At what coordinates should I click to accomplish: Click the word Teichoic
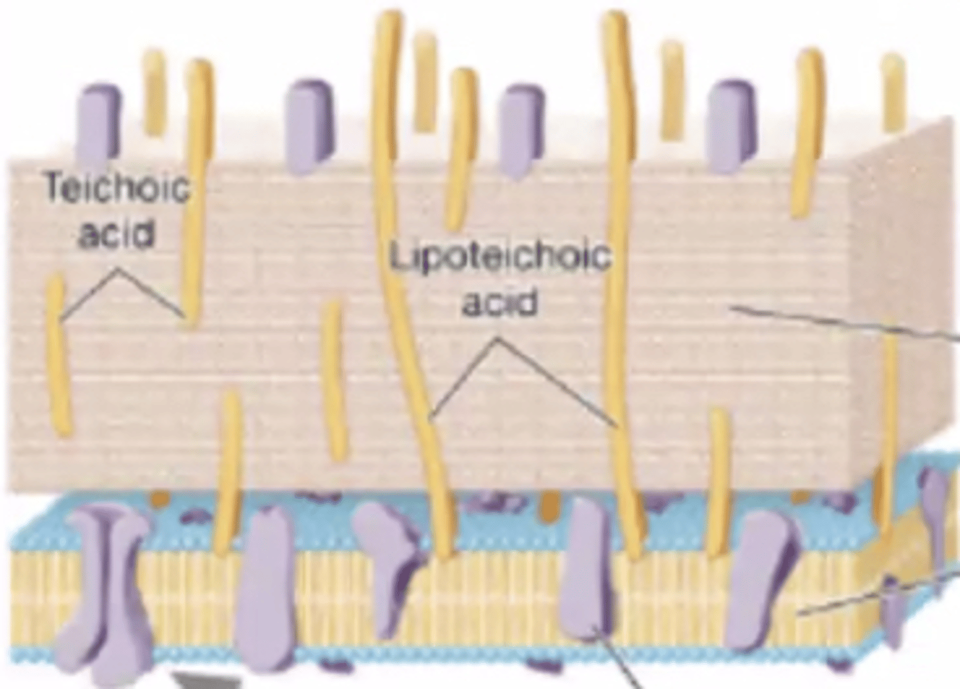coord(117,188)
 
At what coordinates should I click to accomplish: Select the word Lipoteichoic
coord(501,257)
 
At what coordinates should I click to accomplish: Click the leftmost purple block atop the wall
coord(99,124)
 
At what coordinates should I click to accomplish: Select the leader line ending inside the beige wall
coord(847,323)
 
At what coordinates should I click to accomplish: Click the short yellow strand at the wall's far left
coord(59,357)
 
